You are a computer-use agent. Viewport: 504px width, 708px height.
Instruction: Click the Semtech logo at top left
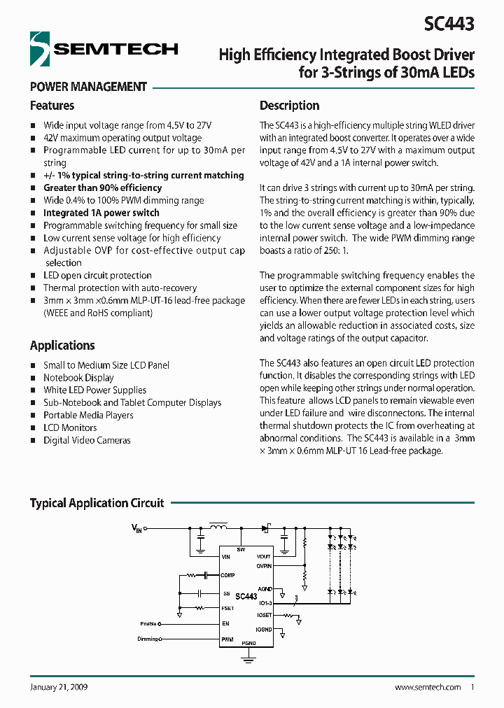tap(104, 49)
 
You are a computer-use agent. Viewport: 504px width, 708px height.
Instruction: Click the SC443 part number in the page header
tap(449, 24)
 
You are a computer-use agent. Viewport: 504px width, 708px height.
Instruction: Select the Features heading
tap(52, 106)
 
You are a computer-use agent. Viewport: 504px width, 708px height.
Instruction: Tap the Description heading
tap(289, 106)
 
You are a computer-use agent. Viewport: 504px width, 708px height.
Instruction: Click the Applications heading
tap(62, 346)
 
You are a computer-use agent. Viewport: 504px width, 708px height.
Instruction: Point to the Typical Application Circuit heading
tap(97, 503)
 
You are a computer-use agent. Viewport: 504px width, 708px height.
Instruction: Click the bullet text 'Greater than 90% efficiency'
tap(102, 188)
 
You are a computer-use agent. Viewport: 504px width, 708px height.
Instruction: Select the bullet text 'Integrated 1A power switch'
tap(101, 213)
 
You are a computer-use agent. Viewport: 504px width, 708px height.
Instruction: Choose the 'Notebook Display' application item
tap(78, 378)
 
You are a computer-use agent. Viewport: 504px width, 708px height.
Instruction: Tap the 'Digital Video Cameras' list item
tap(87, 441)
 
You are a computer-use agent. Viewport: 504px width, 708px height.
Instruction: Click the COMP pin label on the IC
tap(227, 575)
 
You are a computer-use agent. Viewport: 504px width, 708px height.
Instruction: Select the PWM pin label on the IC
tap(227, 639)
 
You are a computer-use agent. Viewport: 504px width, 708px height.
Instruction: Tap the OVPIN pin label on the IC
tap(264, 564)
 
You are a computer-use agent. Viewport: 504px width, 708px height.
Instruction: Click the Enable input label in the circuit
tap(148, 623)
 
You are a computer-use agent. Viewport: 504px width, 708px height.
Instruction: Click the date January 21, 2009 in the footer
tap(59, 688)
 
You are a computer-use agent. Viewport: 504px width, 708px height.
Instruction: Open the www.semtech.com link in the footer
tap(428, 688)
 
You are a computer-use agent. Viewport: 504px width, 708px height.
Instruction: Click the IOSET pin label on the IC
tap(264, 615)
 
